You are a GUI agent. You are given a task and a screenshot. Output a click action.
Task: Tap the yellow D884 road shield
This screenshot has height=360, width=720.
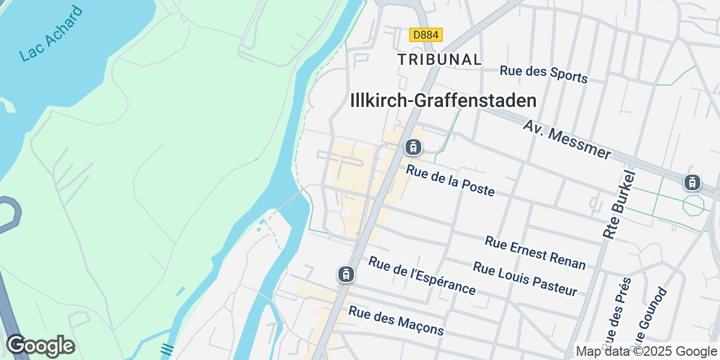click(x=426, y=35)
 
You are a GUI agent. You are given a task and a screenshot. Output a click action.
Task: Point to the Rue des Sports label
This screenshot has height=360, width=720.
click(x=544, y=74)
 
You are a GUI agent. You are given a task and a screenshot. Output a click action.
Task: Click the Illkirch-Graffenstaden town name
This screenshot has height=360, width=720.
click(x=443, y=100)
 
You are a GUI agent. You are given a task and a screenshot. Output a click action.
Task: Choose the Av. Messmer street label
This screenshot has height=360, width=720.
click(x=567, y=139)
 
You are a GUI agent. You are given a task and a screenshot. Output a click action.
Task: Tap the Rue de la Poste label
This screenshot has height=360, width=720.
click(x=451, y=180)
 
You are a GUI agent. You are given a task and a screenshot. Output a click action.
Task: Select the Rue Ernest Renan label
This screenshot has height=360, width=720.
click(x=535, y=252)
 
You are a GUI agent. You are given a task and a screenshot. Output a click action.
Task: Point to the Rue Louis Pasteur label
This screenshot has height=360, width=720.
click(x=525, y=278)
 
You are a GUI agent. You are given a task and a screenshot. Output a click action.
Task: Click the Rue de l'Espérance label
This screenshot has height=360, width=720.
click(x=422, y=275)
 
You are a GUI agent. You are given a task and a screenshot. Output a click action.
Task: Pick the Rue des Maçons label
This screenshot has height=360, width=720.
click(x=396, y=320)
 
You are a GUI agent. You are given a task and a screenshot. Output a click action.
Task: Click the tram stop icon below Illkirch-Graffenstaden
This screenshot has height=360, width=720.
click(x=412, y=146)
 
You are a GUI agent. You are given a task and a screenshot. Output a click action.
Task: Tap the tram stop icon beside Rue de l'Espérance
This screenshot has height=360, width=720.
click(x=346, y=274)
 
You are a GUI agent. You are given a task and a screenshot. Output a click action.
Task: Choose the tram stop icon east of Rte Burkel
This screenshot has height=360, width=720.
click(x=692, y=182)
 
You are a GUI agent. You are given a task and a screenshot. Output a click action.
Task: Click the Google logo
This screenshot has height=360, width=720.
click(x=40, y=346)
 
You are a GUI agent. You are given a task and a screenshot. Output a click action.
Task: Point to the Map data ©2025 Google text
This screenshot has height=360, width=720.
click(x=646, y=351)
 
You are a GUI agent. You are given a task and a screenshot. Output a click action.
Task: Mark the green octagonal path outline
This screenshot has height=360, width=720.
click(x=693, y=205)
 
